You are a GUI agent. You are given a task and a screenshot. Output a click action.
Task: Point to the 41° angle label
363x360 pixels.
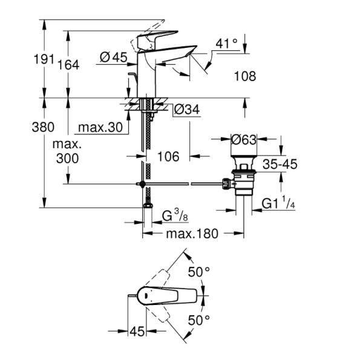coord(227,44)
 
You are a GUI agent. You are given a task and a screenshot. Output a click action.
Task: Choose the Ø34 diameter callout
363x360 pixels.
coord(187,110)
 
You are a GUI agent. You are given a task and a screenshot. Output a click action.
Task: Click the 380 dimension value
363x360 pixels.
coord(44,128)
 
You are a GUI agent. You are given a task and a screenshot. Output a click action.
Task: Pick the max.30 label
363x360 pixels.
coord(100,128)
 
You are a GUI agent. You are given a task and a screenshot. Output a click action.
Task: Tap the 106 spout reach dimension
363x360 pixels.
coord(168,157)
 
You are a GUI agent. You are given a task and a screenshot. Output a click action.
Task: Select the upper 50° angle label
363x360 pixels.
coord(198,272)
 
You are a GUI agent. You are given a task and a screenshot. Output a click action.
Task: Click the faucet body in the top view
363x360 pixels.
coord(163,296)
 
